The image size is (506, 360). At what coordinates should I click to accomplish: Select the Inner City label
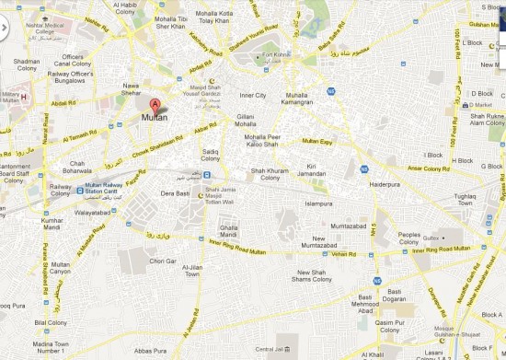point(253,95)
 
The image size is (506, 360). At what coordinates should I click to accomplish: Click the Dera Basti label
point(175,193)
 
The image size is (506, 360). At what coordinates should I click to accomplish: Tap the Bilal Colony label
point(50,323)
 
